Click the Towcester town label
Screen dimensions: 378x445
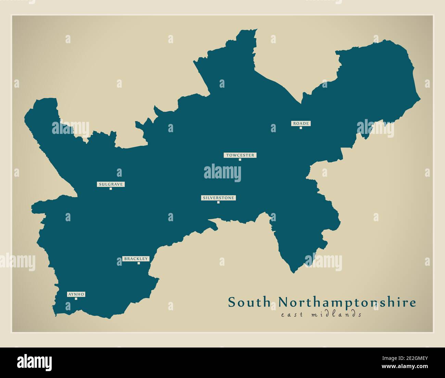pyautogui.click(x=240, y=155)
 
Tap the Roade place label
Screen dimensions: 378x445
pyautogui.click(x=301, y=123)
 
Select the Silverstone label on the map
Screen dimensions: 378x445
pyautogui.click(x=218, y=198)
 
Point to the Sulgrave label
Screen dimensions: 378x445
pyautogui.click(x=111, y=184)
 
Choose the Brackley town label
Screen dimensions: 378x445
pyautogui.click(x=136, y=259)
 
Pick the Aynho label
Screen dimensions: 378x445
pyautogui.click(x=76, y=294)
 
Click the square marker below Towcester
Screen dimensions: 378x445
pyautogui.click(x=240, y=160)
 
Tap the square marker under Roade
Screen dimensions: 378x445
pyautogui.click(x=301, y=128)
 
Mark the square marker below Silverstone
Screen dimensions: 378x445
pyautogui.click(x=218, y=202)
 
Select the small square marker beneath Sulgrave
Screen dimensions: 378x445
pyautogui.click(x=111, y=189)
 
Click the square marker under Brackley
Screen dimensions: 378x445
pyautogui.click(x=139, y=263)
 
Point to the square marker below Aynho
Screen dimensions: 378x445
pyautogui.click(x=76, y=299)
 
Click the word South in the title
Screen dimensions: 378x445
pyautogui.click(x=249, y=303)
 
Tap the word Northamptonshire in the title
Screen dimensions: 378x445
pyautogui.click(x=347, y=303)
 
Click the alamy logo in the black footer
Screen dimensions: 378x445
pyautogui.click(x=34, y=362)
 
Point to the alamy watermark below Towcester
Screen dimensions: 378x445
pyautogui.click(x=222, y=173)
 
